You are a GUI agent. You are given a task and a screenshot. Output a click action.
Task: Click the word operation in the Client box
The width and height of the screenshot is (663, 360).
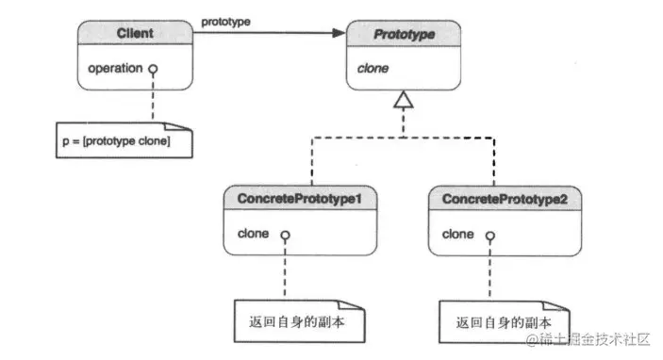(x=114, y=68)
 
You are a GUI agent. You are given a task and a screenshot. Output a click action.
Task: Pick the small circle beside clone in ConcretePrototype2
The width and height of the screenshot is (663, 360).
(x=490, y=233)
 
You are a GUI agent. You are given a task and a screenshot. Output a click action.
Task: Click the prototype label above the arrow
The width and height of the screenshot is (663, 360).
(x=225, y=20)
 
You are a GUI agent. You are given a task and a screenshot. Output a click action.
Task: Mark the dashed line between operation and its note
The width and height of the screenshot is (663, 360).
(x=151, y=99)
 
